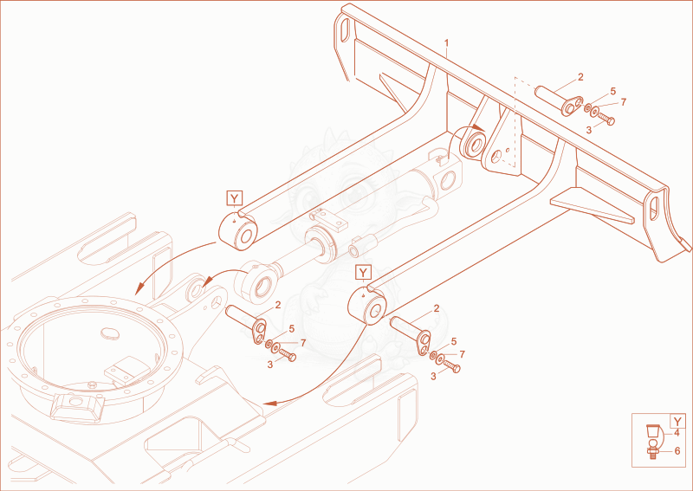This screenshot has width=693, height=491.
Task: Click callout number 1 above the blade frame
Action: click(x=446, y=43)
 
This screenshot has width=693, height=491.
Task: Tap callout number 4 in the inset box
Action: click(x=677, y=433)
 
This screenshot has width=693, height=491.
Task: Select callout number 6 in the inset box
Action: click(x=677, y=451)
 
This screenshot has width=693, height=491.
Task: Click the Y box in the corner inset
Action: click(x=678, y=421)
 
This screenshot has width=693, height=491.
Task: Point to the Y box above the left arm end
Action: click(x=234, y=198)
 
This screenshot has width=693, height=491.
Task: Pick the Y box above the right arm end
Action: click(x=363, y=273)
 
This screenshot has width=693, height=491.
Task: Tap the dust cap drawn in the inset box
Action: click(x=652, y=430)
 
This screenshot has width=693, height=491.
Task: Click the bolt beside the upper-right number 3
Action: click(x=606, y=119)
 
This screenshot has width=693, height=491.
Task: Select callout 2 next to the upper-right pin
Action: click(x=580, y=77)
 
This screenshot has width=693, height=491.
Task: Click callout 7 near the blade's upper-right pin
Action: click(x=623, y=102)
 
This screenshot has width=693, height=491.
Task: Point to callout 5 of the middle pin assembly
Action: click(x=291, y=329)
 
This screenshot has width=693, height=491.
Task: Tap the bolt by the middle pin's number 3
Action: click(x=288, y=355)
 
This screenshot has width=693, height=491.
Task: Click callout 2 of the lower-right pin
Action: click(x=437, y=309)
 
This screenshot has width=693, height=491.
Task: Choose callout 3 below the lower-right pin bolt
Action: click(x=433, y=377)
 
